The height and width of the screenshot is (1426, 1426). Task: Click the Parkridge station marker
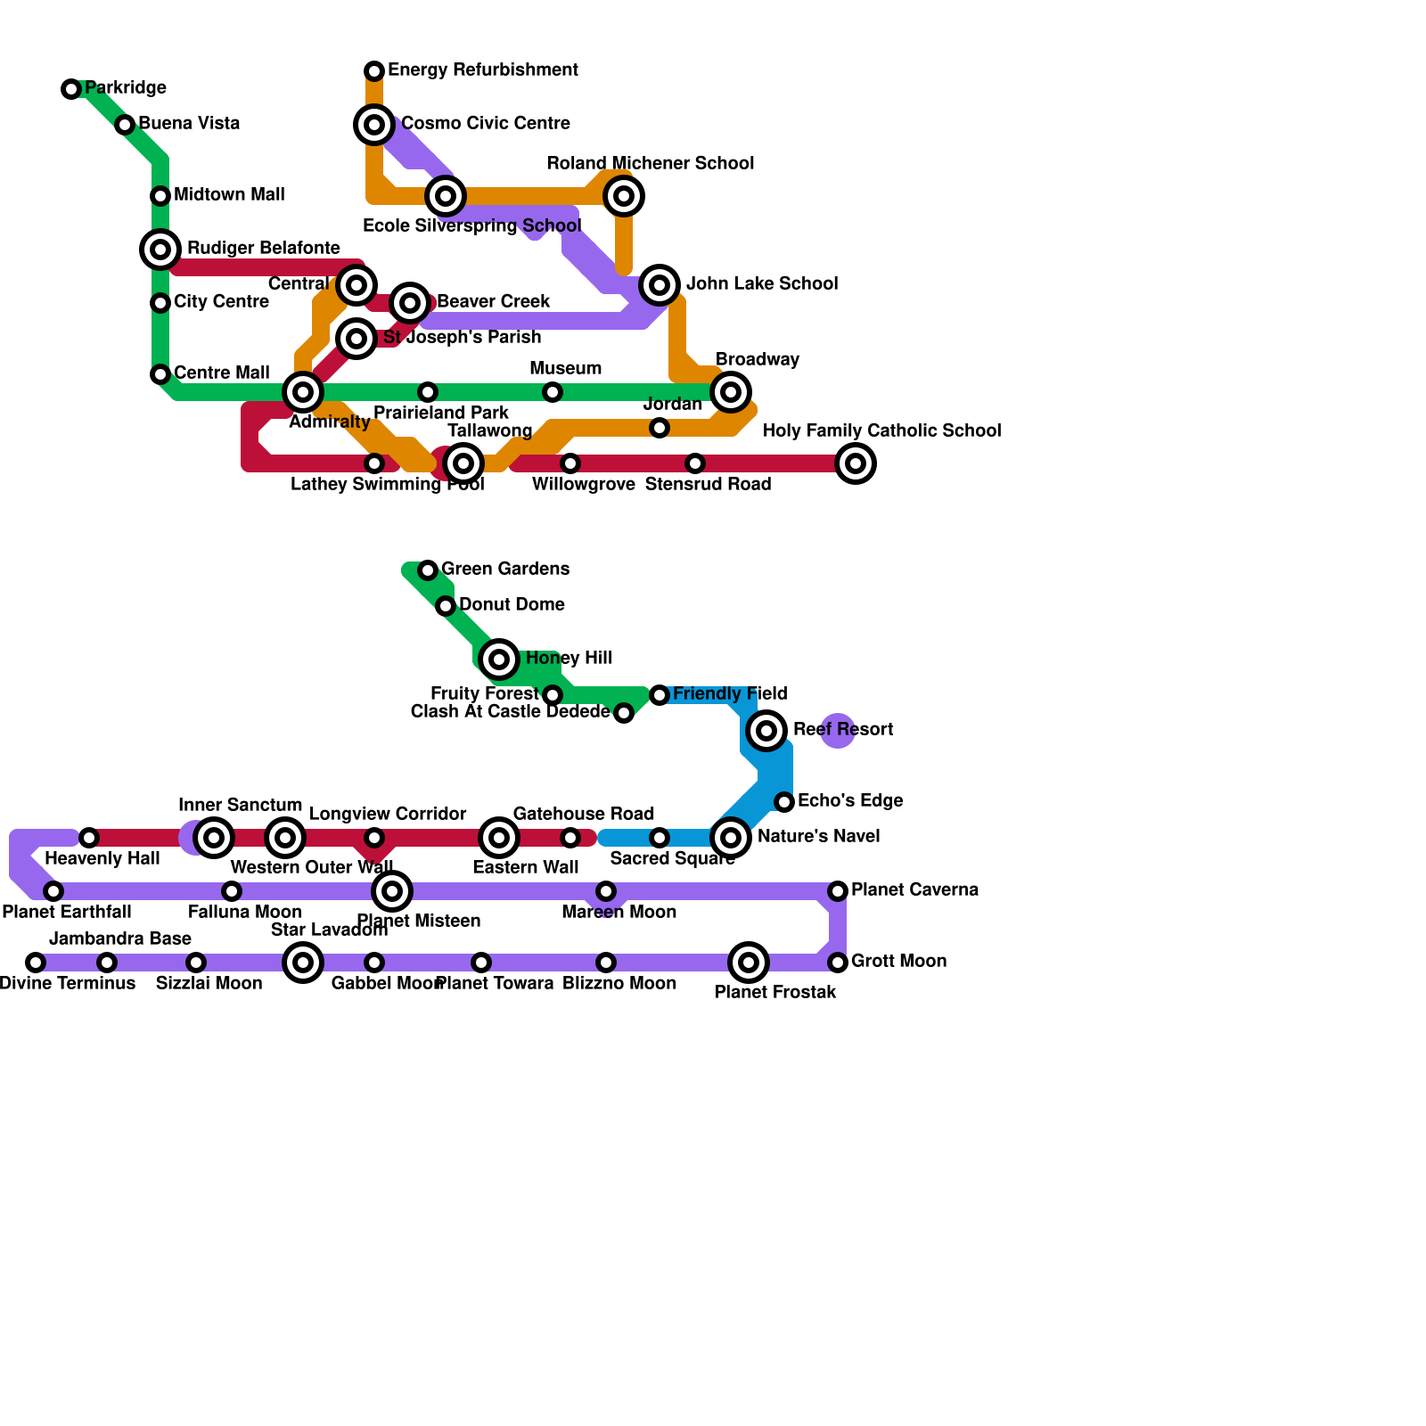pos(71,89)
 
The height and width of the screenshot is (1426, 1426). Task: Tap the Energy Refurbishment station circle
pos(374,71)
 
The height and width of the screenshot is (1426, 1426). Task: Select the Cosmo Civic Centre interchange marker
pos(374,125)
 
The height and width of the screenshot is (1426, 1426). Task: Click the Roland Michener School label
pos(650,163)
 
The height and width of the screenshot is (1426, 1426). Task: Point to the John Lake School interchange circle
pos(660,285)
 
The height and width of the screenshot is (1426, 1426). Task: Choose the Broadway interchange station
pos(731,392)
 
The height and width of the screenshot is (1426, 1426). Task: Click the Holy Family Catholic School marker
pos(856,463)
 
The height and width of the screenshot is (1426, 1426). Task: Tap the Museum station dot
pos(553,392)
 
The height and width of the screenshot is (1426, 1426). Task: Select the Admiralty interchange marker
pos(303,392)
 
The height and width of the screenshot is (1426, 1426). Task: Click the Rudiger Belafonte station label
pos(263,248)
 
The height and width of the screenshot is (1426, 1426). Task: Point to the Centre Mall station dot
pos(160,374)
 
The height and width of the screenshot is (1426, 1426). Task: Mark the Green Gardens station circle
pos(428,570)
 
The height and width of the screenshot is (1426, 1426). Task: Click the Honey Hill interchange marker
pos(499,660)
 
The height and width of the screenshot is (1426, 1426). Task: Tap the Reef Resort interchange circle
pos(766,731)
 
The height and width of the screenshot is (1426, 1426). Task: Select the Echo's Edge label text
pos(849,800)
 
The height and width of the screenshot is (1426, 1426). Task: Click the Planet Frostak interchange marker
pos(749,963)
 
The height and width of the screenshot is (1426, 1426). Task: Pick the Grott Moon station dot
pos(838,963)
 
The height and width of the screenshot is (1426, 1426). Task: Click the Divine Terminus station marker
pos(36,963)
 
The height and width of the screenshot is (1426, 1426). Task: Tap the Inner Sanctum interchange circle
pos(214,838)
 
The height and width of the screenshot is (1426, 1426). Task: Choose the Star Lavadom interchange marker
pos(303,963)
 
